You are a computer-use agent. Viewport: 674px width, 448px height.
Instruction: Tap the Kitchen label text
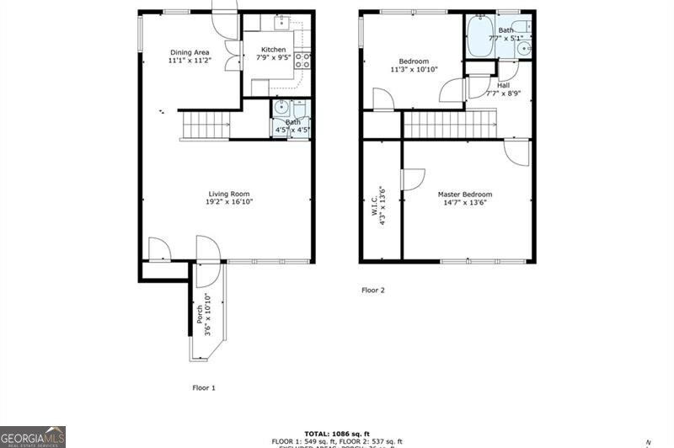tap(271, 50)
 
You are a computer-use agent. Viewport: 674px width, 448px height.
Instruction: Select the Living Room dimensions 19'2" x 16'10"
tap(229, 202)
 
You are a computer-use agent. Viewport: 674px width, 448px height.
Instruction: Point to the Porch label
tap(200, 314)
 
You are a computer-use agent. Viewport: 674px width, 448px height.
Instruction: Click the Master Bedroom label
tap(464, 195)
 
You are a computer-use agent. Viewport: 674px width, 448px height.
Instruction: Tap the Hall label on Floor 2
tap(503, 85)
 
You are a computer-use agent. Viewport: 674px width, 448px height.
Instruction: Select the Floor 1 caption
tap(204, 387)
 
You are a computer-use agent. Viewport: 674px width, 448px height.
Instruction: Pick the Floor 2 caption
tap(372, 291)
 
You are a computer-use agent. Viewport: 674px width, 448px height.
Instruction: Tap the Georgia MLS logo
tap(33, 436)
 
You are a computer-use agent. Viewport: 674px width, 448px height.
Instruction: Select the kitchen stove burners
tap(304, 60)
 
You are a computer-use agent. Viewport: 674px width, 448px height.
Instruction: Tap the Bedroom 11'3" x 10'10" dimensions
tap(414, 70)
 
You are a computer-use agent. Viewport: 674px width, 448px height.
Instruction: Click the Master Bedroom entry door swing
tap(516, 149)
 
